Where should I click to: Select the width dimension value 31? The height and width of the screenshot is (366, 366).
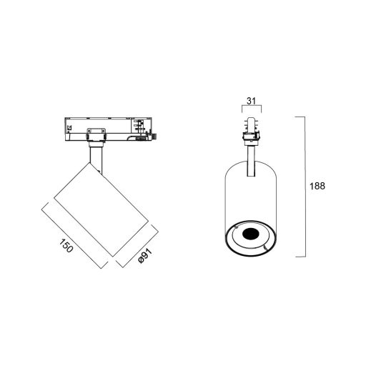coord(249,101)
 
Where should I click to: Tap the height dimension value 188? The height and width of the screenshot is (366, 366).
coord(317,186)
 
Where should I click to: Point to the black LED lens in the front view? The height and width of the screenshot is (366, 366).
coord(250,234)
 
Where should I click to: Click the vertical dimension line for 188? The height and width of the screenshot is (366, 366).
coord(305,186)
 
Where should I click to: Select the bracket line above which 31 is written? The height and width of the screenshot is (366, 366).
coord(249,109)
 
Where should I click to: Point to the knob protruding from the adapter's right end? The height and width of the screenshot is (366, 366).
coord(152,134)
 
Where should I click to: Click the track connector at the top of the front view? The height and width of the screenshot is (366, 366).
coord(249,128)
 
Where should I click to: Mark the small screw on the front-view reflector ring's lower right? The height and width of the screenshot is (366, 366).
coord(265,247)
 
